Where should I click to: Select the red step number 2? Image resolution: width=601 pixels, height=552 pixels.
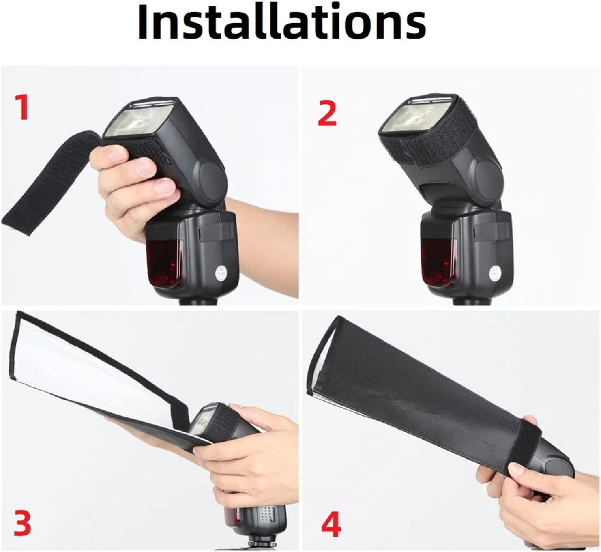pyautogui.click(x=327, y=113)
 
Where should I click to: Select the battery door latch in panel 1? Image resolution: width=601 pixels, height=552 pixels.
pyautogui.click(x=216, y=232)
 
